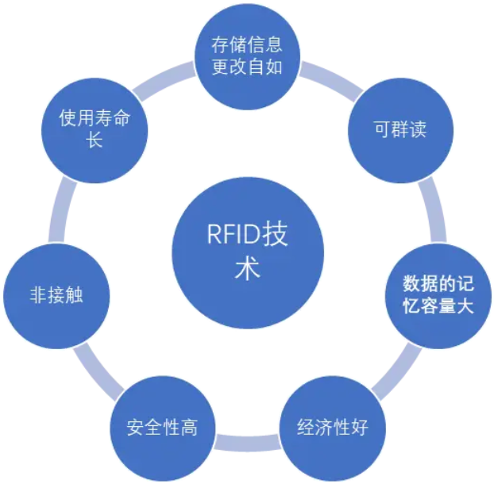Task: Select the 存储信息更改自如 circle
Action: click(247, 55)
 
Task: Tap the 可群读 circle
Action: click(400, 129)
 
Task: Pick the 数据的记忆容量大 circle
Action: click(438, 294)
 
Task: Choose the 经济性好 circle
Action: click(332, 428)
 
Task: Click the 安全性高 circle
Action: click(162, 428)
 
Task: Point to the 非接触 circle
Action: click(56, 296)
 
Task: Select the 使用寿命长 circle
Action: click(94, 129)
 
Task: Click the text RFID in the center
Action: click(225, 236)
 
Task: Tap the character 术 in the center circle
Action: click(247, 269)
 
